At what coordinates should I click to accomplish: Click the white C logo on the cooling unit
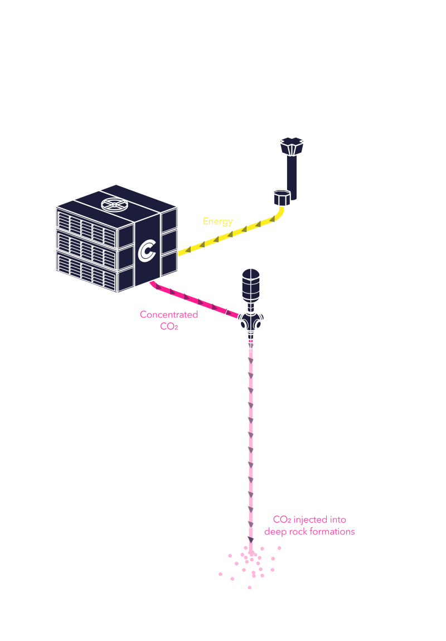tap(147, 250)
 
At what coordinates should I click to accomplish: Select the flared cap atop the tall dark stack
tap(292, 146)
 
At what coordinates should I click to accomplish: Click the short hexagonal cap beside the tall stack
tap(282, 197)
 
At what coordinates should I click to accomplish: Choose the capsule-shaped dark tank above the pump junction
tap(251, 285)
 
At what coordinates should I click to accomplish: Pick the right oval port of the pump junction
tap(259, 324)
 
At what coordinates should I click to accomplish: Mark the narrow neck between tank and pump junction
tap(251, 307)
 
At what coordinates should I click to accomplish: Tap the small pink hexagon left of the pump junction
tap(232, 315)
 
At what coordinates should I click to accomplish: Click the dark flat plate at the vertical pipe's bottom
tap(245, 538)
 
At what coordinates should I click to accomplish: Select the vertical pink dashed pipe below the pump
tap(250, 435)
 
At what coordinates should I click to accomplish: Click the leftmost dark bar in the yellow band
tap(190, 249)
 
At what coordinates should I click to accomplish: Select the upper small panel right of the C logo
tap(169, 220)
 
